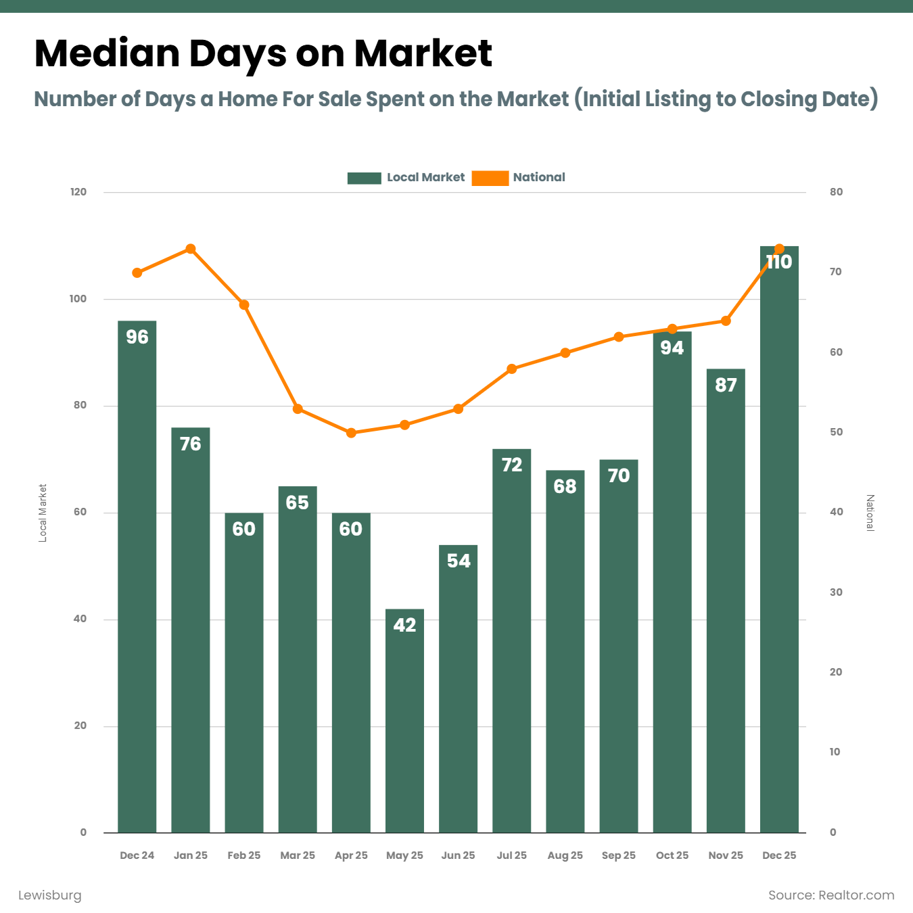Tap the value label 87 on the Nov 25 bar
pos(726,385)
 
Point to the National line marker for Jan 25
pos(191,249)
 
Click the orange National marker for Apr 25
pos(351,433)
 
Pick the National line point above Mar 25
pos(298,409)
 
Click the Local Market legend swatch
pos(364,178)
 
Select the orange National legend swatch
pos(490,178)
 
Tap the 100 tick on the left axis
pos(78,298)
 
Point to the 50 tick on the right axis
pos(837,431)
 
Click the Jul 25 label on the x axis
pos(511,855)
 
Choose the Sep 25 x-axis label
pos(618,855)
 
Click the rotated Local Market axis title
pos(43,513)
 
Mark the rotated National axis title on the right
pos(870,513)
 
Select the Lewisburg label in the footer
pos(49,895)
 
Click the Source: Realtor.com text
pos(830,895)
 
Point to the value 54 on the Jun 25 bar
pos(459,561)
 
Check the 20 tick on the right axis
pos(837,672)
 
